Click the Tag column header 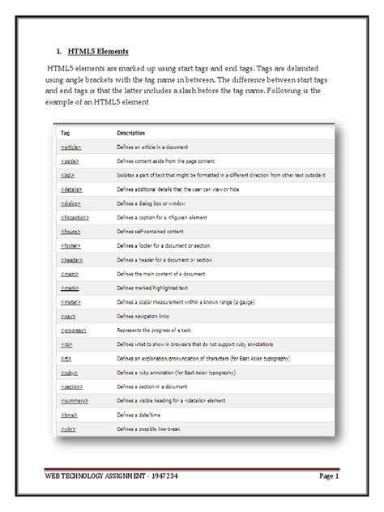[x=66, y=132]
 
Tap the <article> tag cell [x=71, y=147]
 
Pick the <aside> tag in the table [x=70, y=162]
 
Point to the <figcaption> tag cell [x=75, y=219]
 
